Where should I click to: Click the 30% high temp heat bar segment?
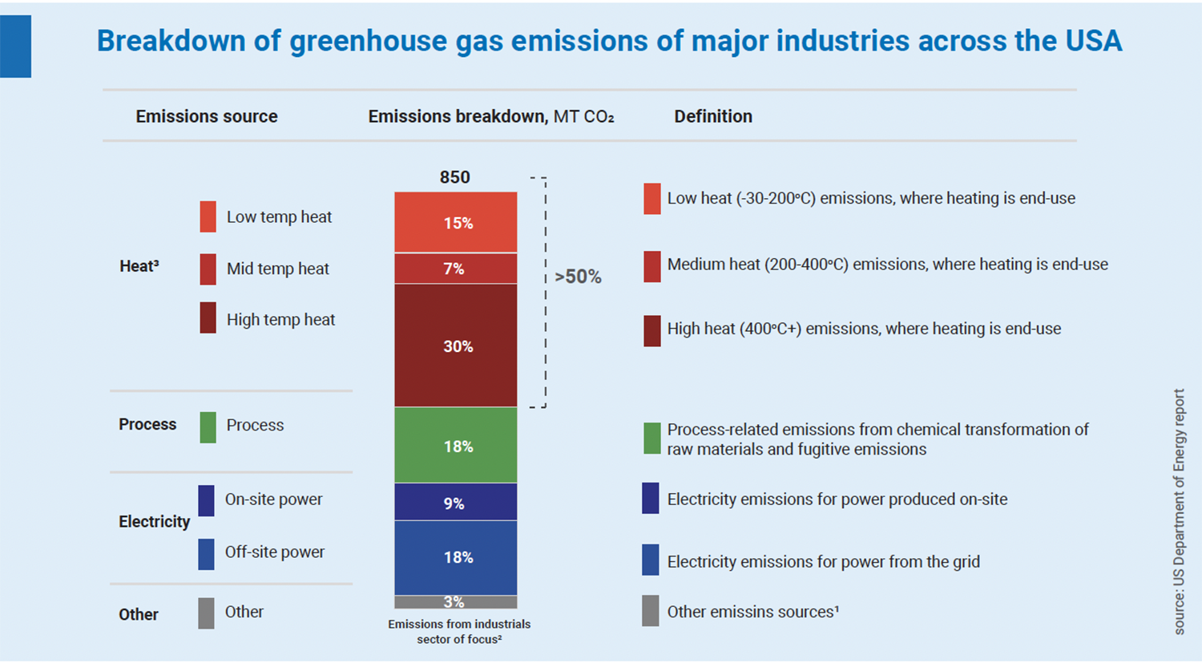[455, 346]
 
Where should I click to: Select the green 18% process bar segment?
[455, 446]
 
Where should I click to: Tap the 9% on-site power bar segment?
[455, 503]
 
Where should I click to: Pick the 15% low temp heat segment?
[455, 223]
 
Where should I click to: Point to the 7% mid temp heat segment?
[455, 269]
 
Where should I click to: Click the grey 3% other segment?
[455, 602]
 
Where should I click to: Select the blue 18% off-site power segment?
[455, 557]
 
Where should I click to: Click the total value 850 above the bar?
[454, 177]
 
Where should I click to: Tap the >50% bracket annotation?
[578, 277]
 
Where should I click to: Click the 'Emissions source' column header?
[207, 116]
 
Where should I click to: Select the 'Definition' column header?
[712, 116]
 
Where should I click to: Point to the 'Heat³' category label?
[139, 266]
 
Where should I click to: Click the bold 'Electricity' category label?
[154, 522]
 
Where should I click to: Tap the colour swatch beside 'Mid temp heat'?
[208, 269]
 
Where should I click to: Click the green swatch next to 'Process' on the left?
[208, 427]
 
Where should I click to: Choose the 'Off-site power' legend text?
[274, 552]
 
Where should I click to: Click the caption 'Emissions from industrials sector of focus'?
[459, 632]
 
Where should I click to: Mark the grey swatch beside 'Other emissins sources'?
[651, 611]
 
